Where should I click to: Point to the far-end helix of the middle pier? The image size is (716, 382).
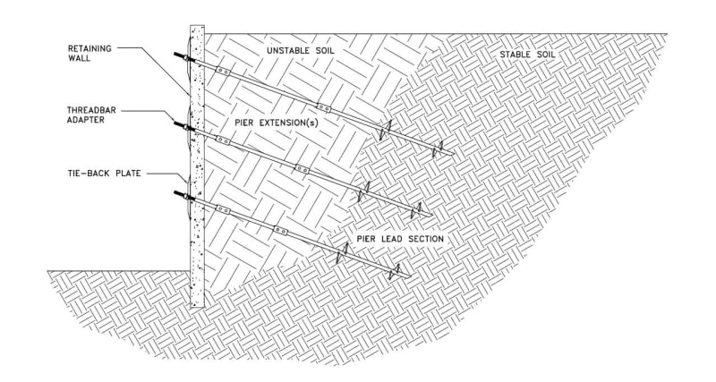414,211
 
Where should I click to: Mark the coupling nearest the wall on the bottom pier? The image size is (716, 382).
223,210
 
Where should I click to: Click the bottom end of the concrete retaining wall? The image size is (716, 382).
197,304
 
